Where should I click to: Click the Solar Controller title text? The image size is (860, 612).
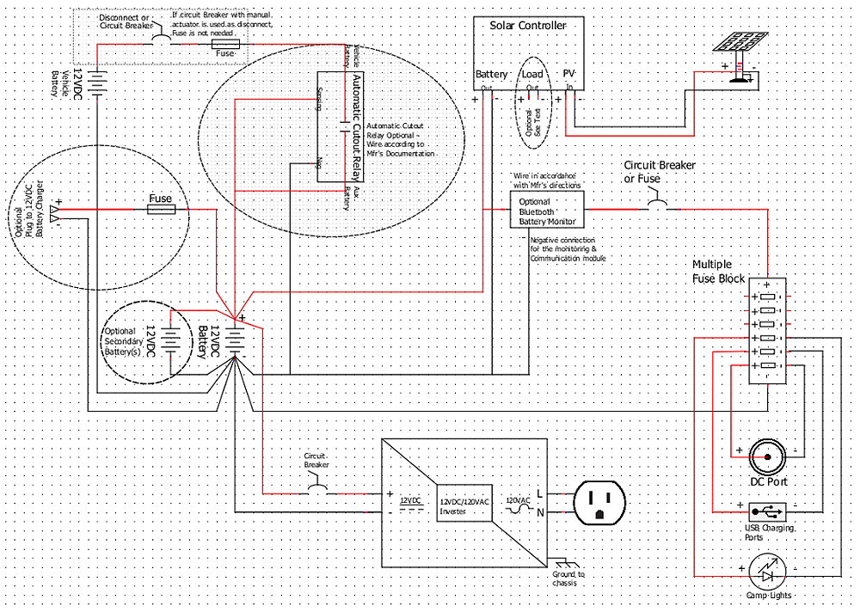(x=528, y=26)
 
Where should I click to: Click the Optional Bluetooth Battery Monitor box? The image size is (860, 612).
(x=547, y=211)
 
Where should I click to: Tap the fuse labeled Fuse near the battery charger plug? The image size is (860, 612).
(x=161, y=209)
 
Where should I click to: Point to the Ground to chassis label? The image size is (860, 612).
(x=568, y=578)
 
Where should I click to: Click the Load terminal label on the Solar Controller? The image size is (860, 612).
(x=532, y=75)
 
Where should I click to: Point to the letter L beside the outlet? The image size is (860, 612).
(x=538, y=493)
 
